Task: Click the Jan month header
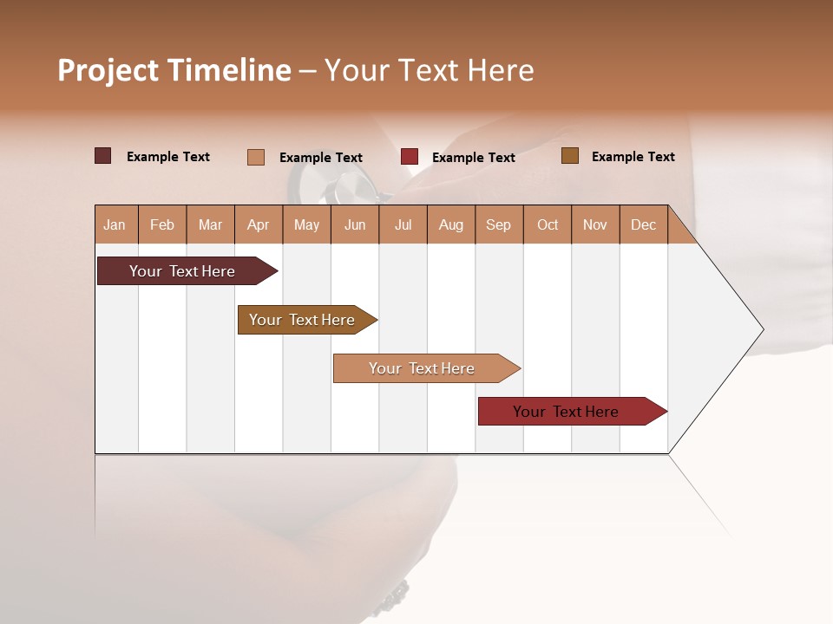tap(115, 224)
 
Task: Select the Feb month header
tap(162, 224)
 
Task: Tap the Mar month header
tap(210, 224)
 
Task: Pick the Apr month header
tap(259, 224)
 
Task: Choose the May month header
tap(306, 224)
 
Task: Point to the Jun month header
tap(355, 224)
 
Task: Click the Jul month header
tap(403, 224)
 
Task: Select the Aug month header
tap(451, 224)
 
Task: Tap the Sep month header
tap(499, 224)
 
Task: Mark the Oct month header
tap(548, 224)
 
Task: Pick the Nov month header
tap(595, 224)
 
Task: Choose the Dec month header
tap(644, 224)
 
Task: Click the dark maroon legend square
tap(102, 156)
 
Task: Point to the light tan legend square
tap(255, 157)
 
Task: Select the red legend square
tap(410, 157)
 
